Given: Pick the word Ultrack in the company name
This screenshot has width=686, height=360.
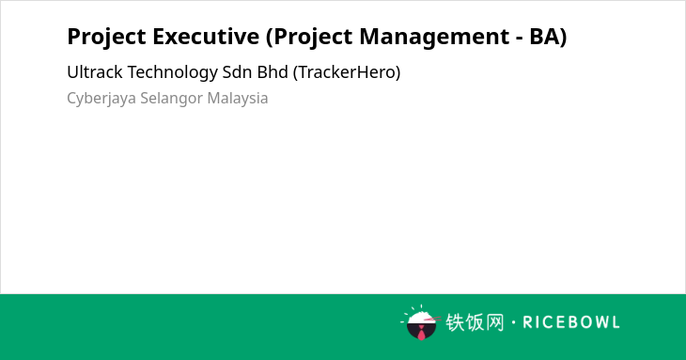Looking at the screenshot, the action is pyautogui.click(x=95, y=72).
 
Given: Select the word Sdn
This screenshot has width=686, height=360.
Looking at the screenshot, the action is pyautogui.click(x=237, y=72).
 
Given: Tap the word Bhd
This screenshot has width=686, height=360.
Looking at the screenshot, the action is pyautogui.click(x=273, y=72).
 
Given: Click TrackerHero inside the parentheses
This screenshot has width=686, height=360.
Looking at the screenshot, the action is pyautogui.click(x=347, y=72).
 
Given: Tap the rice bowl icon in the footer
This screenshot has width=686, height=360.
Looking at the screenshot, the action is pyautogui.click(x=420, y=322).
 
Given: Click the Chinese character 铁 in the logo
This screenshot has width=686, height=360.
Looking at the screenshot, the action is pyautogui.click(x=455, y=322).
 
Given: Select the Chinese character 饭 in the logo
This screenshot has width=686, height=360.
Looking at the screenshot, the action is pyautogui.click(x=475, y=322).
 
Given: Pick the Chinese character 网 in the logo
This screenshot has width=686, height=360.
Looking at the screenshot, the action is pyautogui.click(x=494, y=322).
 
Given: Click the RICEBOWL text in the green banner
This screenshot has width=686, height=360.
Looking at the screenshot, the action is pyautogui.click(x=571, y=322).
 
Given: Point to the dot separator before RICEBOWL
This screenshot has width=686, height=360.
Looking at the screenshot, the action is pyautogui.click(x=513, y=322).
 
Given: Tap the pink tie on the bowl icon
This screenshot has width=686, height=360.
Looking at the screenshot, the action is pyautogui.click(x=421, y=334).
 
